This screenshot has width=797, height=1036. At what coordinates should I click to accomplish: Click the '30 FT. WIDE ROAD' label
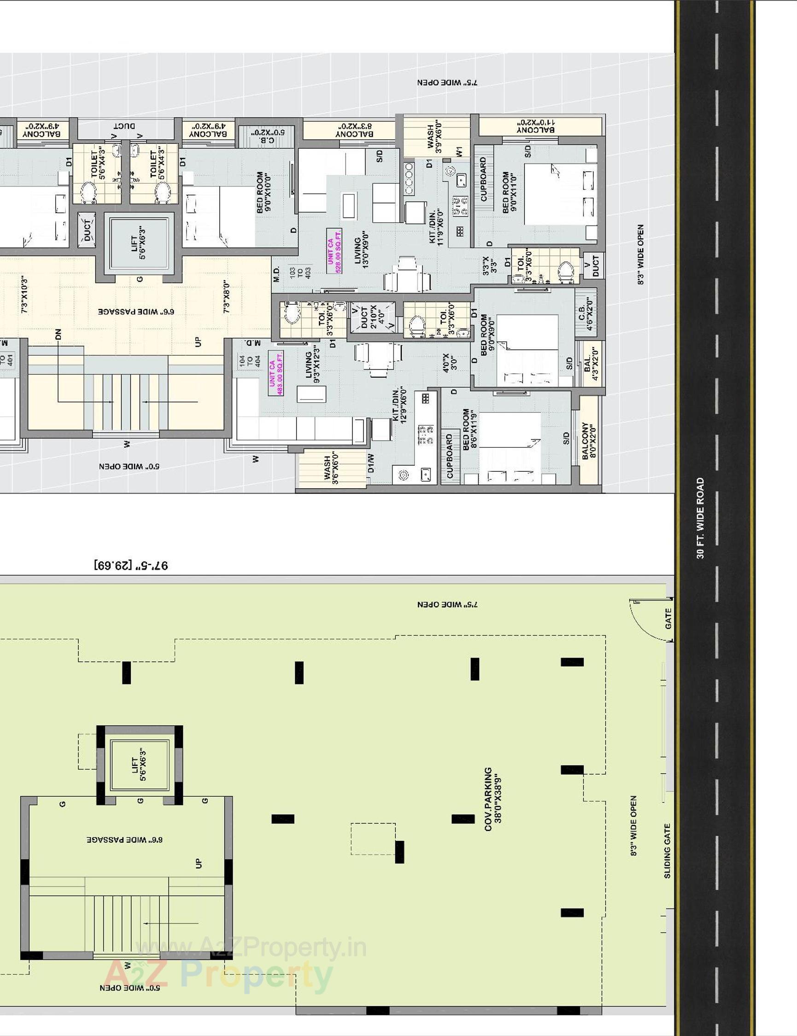click(700, 518)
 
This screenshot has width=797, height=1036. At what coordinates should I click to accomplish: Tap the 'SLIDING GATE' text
click(668, 851)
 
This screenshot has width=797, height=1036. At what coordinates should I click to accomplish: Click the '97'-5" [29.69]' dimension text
click(131, 565)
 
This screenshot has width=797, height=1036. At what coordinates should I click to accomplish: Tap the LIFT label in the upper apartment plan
click(139, 242)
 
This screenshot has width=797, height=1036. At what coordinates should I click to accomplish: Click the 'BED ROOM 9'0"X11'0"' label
click(509, 192)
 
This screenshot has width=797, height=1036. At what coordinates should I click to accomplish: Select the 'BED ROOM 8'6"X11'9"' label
click(469, 429)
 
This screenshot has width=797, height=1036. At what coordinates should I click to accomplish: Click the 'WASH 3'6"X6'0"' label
click(331, 469)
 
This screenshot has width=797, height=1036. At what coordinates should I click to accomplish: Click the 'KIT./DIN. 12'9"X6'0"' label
click(400, 405)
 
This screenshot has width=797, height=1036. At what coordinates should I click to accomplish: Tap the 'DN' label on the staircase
click(58, 335)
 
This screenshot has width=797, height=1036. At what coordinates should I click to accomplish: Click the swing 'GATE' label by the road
click(668, 619)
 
